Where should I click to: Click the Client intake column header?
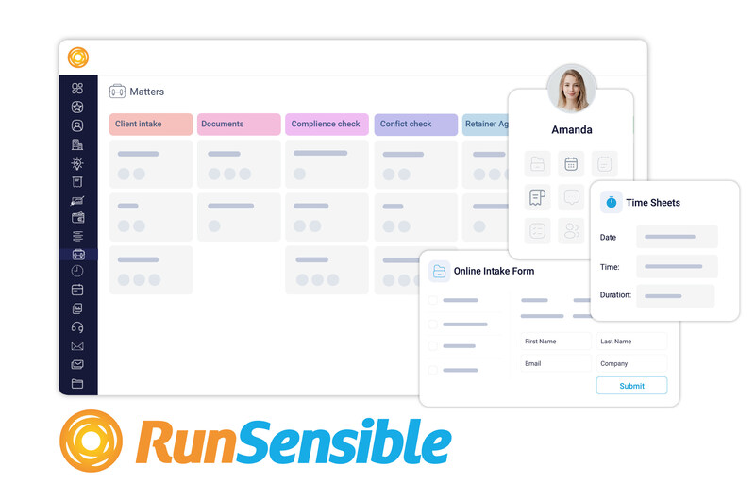click(x=151, y=124)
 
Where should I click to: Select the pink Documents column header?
click(x=239, y=124)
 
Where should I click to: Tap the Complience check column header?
click(x=327, y=124)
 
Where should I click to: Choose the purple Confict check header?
click(x=416, y=124)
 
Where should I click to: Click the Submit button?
click(x=631, y=386)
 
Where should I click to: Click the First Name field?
click(x=556, y=342)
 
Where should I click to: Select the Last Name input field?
click(x=631, y=342)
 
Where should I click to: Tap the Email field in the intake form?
click(x=556, y=363)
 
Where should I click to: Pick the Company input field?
click(x=631, y=363)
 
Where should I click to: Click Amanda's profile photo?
click(x=572, y=89)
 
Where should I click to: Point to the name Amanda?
click(x=572, y=129)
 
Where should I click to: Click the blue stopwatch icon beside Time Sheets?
click(x=611, y=202)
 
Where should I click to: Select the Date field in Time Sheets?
click(x=677, y=237)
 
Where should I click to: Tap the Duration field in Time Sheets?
click(x=675, y=296)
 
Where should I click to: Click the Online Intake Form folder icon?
click(x=439, y=271)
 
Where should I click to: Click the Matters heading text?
click(x=147, y=92)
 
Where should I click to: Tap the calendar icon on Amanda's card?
click(x=571, y=164)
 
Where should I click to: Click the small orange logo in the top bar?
click(x=78, y=58)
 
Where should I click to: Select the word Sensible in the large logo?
click(x=344, y=442)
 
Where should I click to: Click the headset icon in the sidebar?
click(x=77, y=327)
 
